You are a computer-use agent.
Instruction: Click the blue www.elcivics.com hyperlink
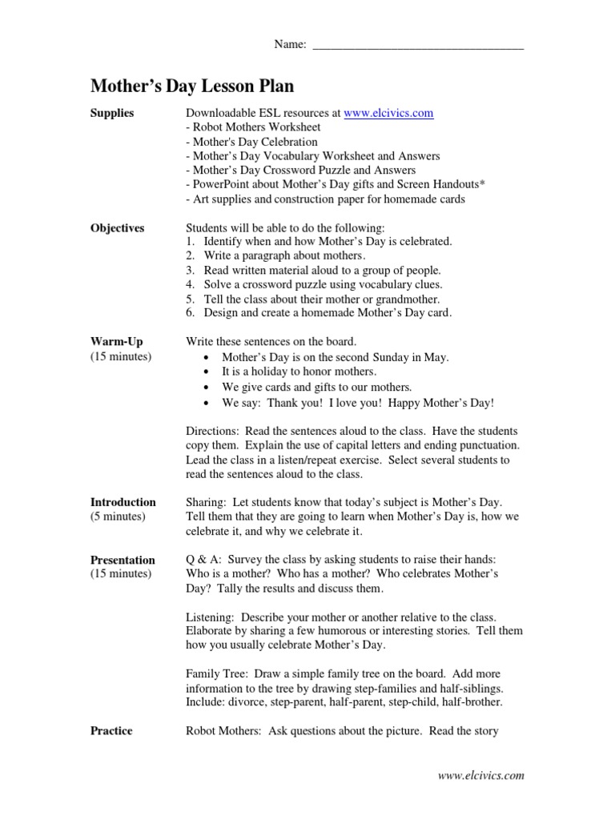388,114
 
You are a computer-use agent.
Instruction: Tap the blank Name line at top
417,46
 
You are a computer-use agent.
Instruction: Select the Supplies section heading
112,114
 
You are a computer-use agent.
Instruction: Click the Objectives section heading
117,228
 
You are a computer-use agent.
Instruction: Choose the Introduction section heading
123,502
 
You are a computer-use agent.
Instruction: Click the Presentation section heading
123,560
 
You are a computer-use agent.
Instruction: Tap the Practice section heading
111,730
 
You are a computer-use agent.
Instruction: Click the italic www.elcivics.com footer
480,775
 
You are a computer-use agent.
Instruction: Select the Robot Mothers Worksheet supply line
253,127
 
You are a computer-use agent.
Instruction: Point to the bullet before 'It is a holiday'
208,372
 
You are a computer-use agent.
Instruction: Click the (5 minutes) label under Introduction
118,517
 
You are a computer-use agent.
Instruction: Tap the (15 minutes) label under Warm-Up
120,356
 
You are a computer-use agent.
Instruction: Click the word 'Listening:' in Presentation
211,617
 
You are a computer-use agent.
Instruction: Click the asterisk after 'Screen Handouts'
482,183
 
